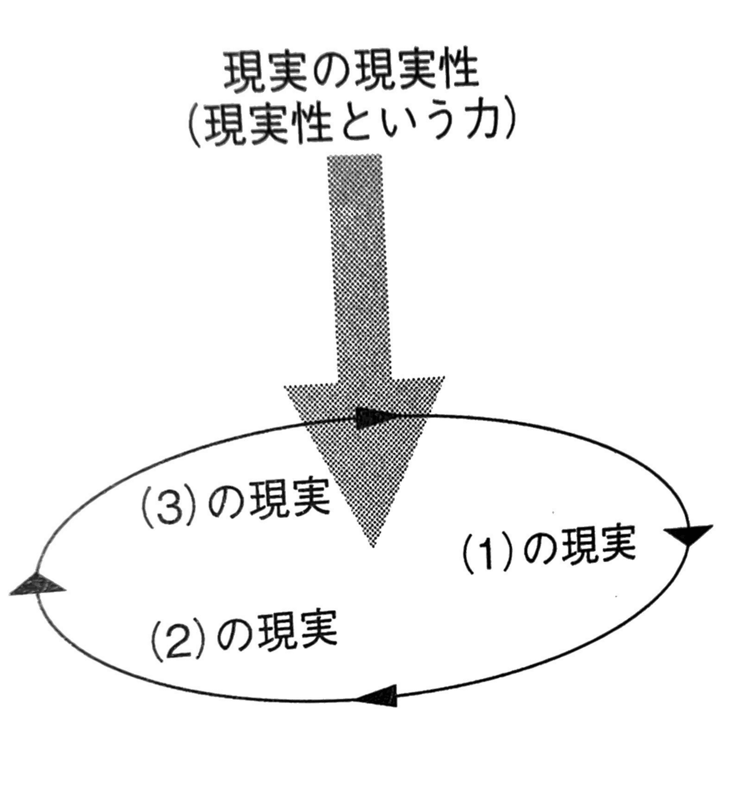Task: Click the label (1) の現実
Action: coord(549,546)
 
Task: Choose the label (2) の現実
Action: coord(243,633)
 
